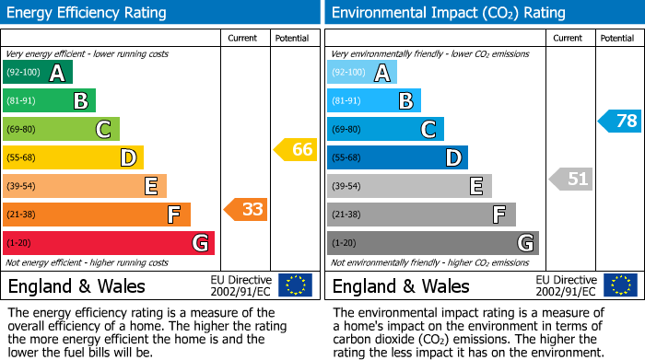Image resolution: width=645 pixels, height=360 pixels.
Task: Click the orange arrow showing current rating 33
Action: click(x=246, y=209)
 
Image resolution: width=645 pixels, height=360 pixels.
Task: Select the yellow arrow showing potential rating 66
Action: click(x=296, y=149)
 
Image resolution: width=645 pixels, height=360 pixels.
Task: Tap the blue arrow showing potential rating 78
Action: click(x=620, y=121)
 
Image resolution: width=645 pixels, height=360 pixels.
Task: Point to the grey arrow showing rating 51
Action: click(x=571, y=179)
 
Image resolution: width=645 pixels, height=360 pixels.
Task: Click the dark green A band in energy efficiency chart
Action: click(x=37, y=73)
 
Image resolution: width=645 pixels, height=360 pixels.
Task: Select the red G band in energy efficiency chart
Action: click(x=108, y=243)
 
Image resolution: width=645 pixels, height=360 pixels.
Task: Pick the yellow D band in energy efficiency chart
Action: click(x=73, y=158)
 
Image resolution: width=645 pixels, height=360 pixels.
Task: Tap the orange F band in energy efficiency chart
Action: click(x=96, y=215)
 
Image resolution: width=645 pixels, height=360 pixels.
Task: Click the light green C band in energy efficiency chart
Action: click(x=61, y=130)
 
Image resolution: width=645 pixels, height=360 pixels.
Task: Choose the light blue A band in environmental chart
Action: click(x=362, y=73)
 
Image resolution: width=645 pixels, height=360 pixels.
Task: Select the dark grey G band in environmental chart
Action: click(x=432, y=243)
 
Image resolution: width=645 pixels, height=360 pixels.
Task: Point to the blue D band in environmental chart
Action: click(x=397, y=158)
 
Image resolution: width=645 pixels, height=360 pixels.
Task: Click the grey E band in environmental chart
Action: click(x=409, y=186)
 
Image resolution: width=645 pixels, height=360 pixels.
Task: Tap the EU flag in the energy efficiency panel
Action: click(x=295, y=285)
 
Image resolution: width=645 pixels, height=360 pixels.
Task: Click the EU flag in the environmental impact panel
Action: click(x=620, y=285)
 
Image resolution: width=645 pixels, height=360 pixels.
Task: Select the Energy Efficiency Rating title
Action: click(x=87, y=13)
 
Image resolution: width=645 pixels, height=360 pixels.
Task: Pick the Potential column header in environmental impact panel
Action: click(x=616, y=38)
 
